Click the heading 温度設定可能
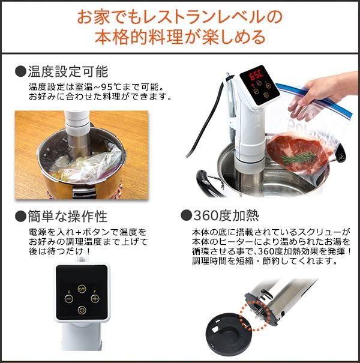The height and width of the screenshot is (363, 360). pyautogui.click(x=68, y=71)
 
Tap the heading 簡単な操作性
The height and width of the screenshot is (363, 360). pyautogui.click(x=68, y=217)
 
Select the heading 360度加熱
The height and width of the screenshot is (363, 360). pyautogui.click(x=226, y=215)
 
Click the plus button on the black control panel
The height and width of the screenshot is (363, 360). pyautogui.click(x=95, y=299)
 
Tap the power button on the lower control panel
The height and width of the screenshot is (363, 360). pyautogui.click(x=82, y=310)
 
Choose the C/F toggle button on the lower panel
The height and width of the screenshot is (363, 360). pyautogui.click(x=82, y=289)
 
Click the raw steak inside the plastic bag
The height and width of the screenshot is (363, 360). pyautogui.click(x=298, y=152)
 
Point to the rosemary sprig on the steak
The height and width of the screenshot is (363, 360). pyautogui.click(x=299, y=158)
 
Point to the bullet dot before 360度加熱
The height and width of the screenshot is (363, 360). pyautogui.click(x=187, y=216)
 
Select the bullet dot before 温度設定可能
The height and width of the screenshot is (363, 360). pyautogui.click(x=20, y=71)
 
